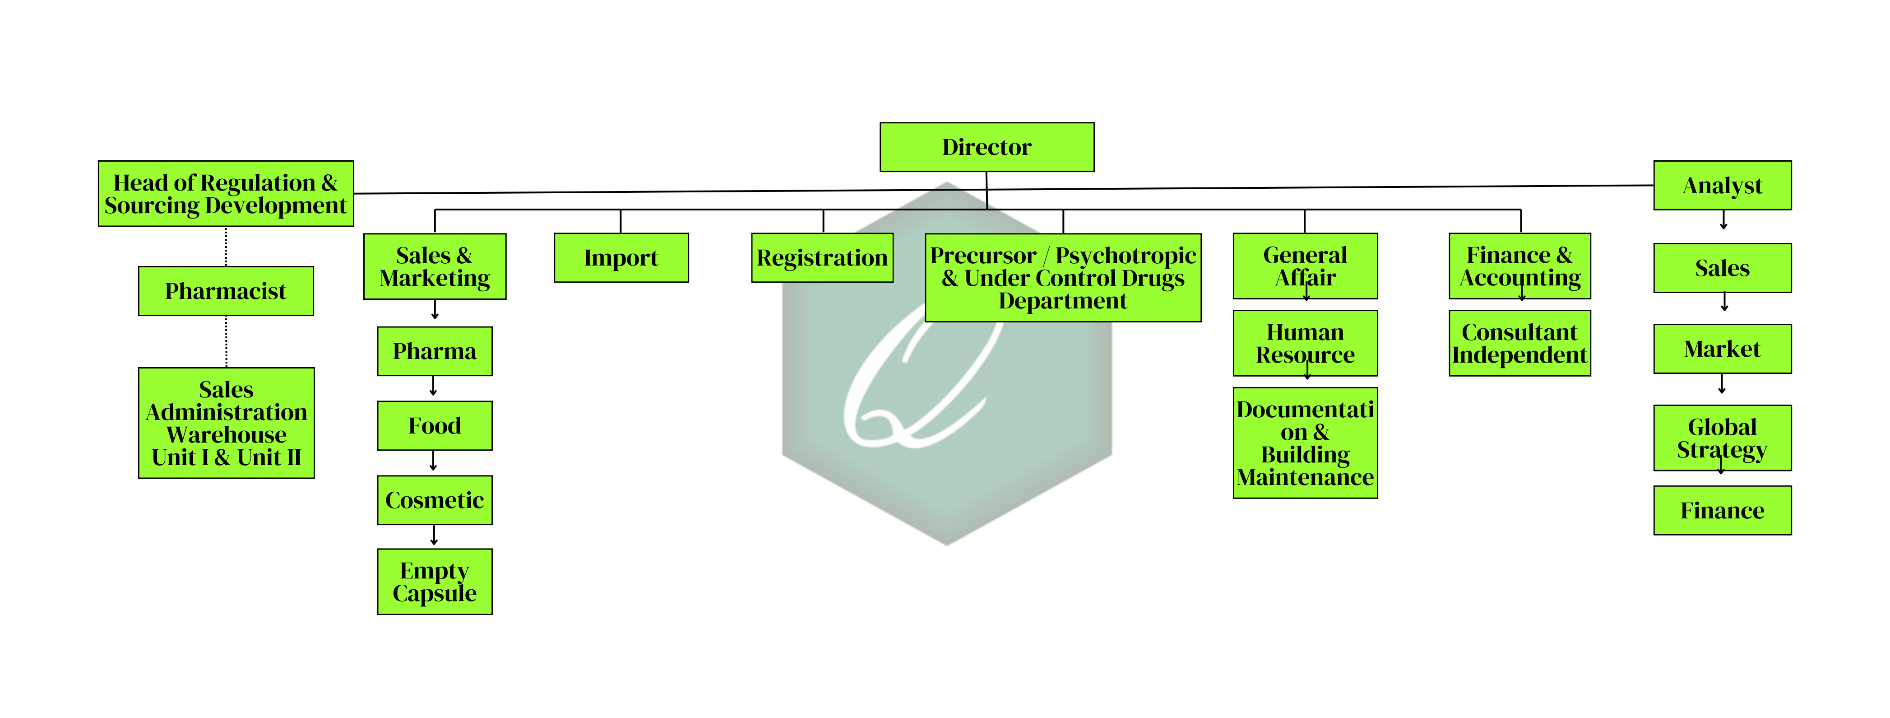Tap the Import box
(621, 258)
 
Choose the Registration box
(822, 258)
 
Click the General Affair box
(1305, 266)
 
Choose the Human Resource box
(1305, 343)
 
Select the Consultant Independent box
(1519, 343)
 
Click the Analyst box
(1722, 186)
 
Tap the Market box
(1722, 349)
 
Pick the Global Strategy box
(1722, 438)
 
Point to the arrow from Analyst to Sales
(1723, 220)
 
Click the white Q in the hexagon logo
(917, 382)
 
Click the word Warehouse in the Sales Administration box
(226, 434)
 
